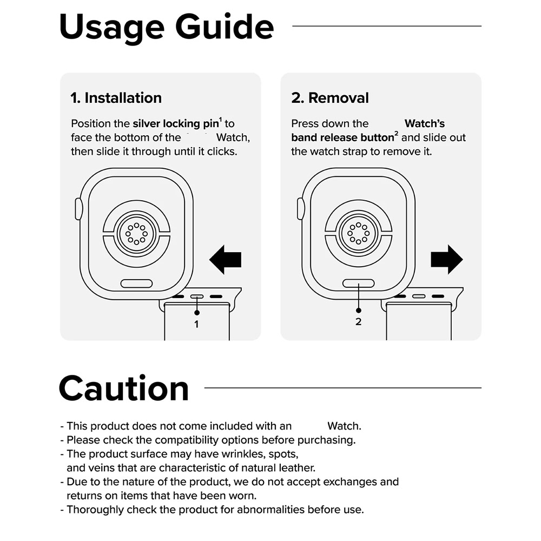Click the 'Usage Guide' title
[x=166, y=28]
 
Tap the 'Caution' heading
[x=124, y=388]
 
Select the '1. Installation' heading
[x=116, y=98]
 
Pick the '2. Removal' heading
[x=330, y=98]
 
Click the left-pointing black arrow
[x=225, y=260]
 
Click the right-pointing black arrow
[x=447, y=260]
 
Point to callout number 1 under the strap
[x=196, y=324]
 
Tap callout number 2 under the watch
[x=359, y=321]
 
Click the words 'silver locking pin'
[x=176, y=124]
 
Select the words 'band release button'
[x=342, y=137]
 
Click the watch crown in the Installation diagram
[x=78, y=209]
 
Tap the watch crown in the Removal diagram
[x=300, y=209]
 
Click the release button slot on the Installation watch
[x=137, y=283]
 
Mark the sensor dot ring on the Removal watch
[x=359, y=233]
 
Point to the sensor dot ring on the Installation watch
[x=137, y=233]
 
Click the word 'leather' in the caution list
[x=297, y=468]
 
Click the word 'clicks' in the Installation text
[x=222, y=151]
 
